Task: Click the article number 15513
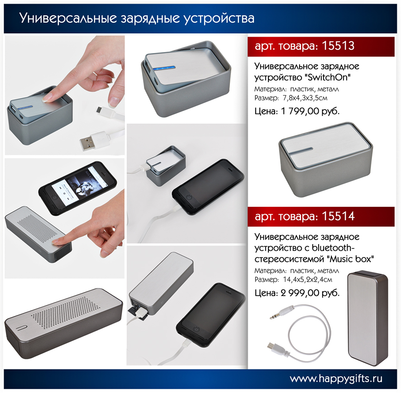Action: (x=338, y=46)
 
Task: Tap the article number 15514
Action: (x=338, y=216)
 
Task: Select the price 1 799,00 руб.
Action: (x=310, y=111)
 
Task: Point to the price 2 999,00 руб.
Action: (x=310, y=293)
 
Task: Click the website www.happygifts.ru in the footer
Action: (x=336, y=379)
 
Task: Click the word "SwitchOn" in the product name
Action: (x=328, y=77)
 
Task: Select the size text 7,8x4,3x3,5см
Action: (x=305, y=98)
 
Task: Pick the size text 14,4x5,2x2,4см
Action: (x=307, y=279)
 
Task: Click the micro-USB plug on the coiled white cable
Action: (x=275, y=347)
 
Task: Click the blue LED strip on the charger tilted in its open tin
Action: (x=166, y=68)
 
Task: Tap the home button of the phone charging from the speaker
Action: (x=197, y=329)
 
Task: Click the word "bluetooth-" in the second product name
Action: (x=334, y=248)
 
